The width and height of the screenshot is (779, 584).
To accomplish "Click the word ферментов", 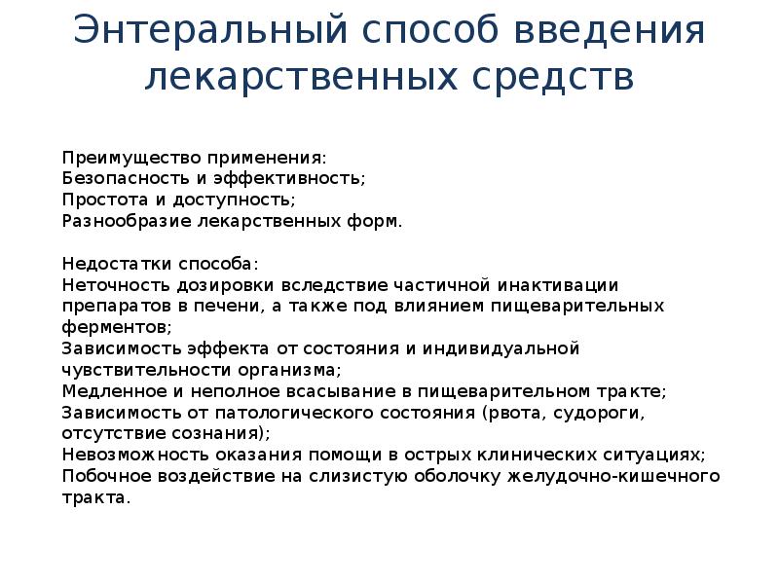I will pos(114,327).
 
